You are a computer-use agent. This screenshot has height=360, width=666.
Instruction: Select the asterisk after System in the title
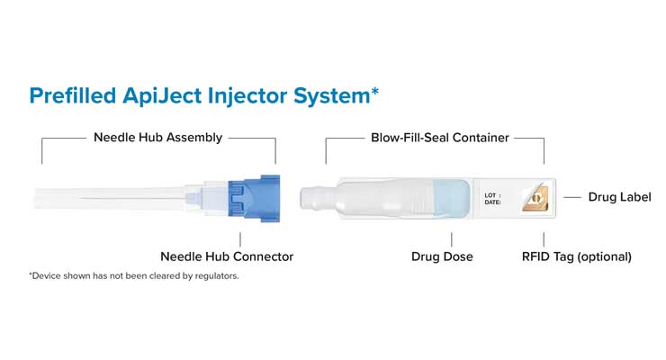click(374, 90)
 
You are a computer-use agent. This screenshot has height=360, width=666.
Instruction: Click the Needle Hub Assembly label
click(157, 138)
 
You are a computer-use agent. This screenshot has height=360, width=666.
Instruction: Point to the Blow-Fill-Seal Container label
click(440, 138)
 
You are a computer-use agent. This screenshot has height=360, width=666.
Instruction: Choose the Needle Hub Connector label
click(227, 256)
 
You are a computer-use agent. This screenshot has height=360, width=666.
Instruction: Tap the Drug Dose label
click(442, 256)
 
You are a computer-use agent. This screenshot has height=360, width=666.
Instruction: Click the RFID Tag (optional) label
click(576, 256)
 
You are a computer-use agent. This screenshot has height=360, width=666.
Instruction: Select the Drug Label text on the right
click(619, 197)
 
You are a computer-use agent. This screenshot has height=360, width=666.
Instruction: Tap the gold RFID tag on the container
click(535, 198)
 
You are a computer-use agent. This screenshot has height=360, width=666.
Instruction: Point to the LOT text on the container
click(491, 194)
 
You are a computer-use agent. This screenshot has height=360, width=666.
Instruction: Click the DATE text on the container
click(493, 202)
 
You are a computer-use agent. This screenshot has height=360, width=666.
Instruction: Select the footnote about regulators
click(134, 275)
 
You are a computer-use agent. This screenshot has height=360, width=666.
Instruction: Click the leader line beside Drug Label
click(571, 197)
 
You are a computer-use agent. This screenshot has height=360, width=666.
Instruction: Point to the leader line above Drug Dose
click(450, 238)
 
